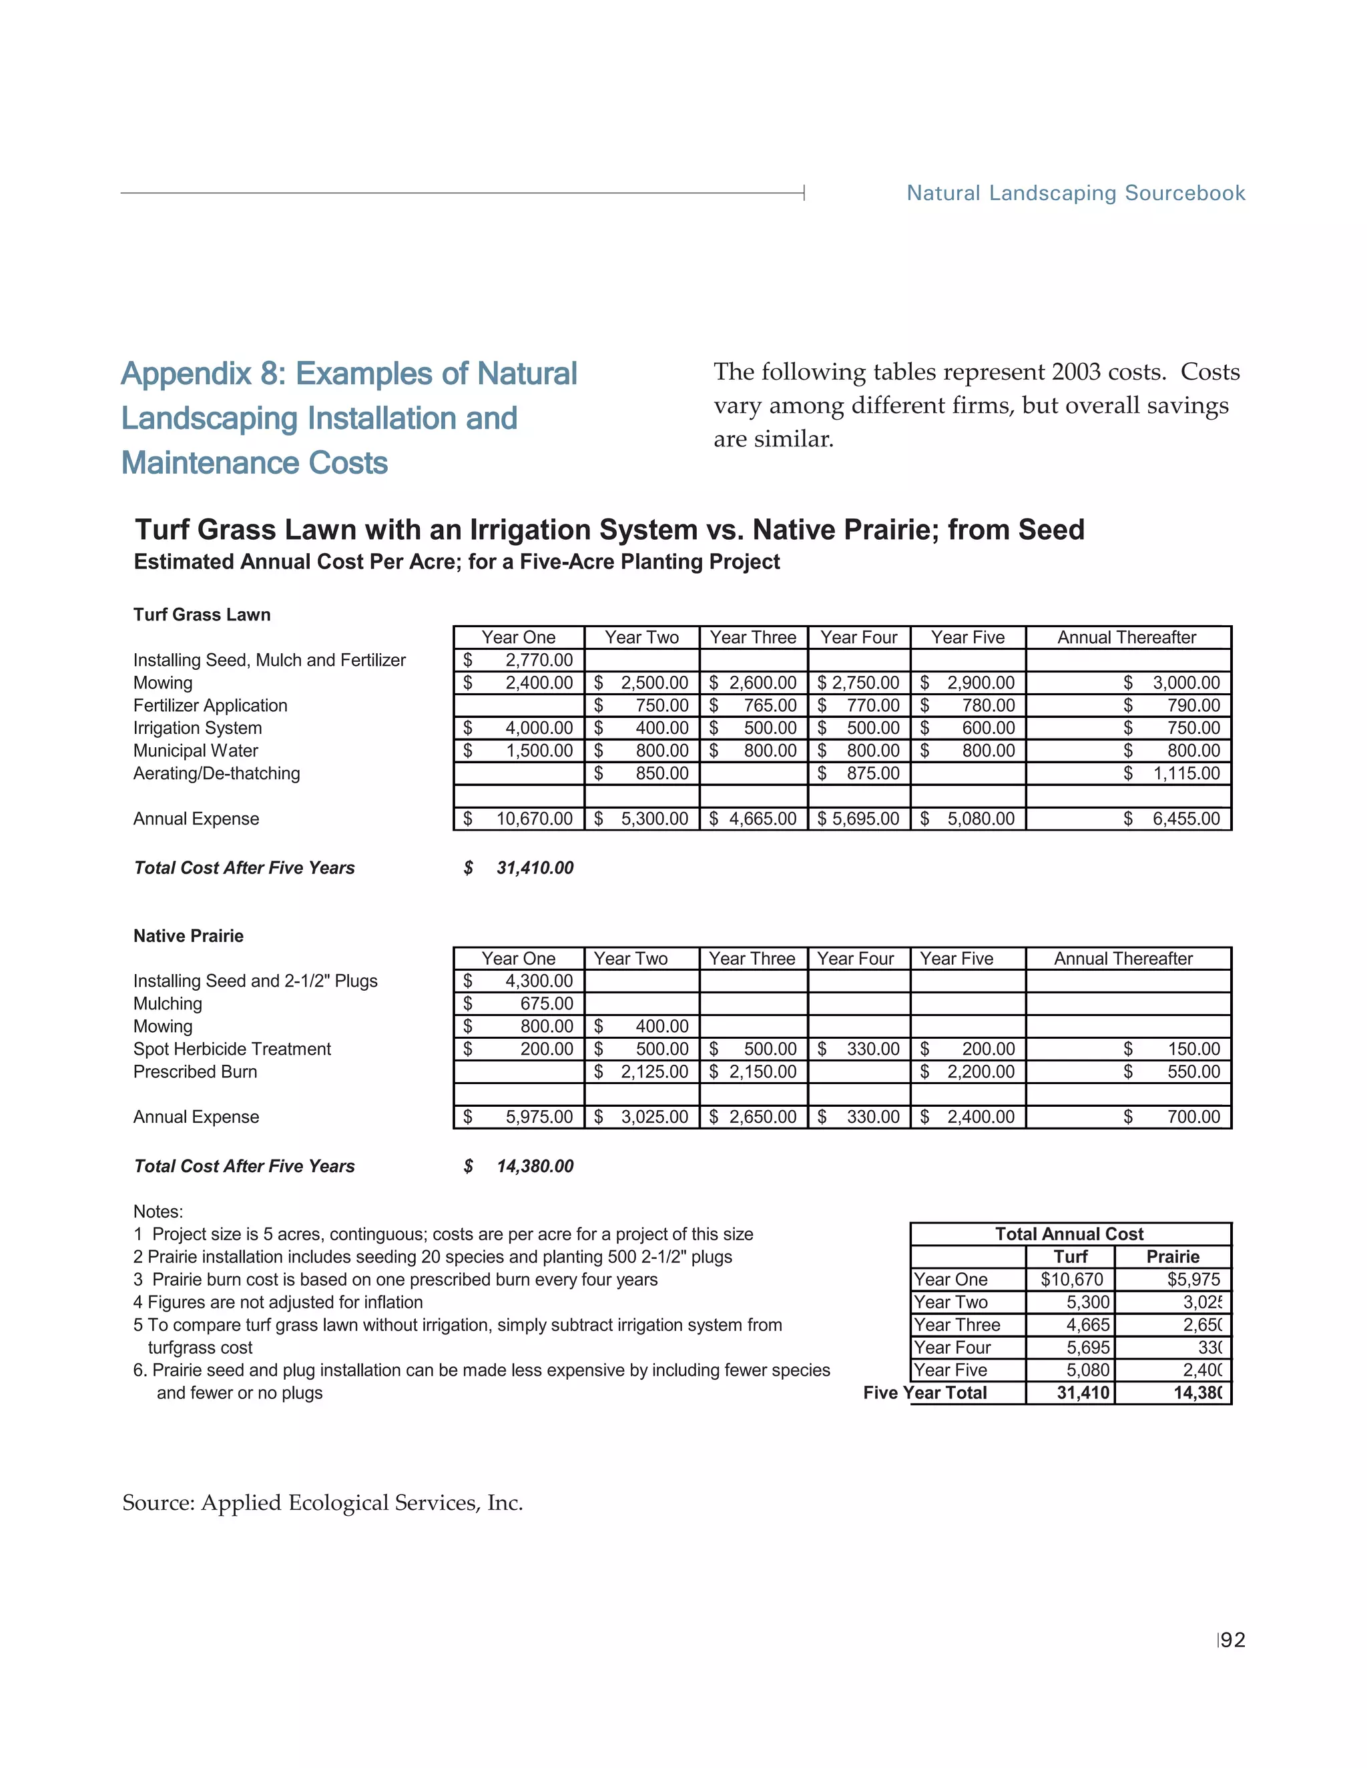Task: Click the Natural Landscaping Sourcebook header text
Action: [x=1075, y=193]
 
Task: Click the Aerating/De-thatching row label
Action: [x=216, y=773]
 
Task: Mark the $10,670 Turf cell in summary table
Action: [x=1071, y=1279]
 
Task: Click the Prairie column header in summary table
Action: [x=1173, y=1256]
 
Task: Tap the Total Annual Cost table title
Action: [x=1069, y=1234]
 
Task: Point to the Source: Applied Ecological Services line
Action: [x=322, y=1502]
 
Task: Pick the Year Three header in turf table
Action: [x=753, y=637]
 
